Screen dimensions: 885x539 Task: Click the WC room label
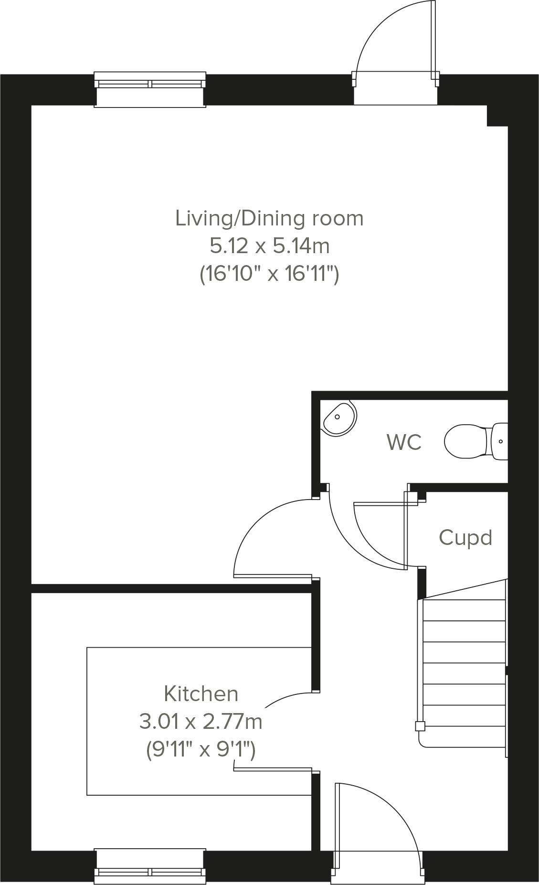[x=404, y=442]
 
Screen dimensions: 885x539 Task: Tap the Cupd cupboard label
[x=465, y=538]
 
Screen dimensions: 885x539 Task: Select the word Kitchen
[x=201, y=693]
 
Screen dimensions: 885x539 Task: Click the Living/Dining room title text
[x=269, y=218]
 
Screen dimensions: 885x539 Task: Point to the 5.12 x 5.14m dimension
[x=269, y=246]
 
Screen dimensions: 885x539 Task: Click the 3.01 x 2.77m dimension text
[x=201, y=721]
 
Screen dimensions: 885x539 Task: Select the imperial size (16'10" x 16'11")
[x=269, y=275]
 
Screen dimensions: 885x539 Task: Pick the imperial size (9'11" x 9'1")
[x=201, y=750]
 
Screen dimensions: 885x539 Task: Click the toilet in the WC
[x=473, y=441]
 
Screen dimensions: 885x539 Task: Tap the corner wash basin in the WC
[x=339, y=418]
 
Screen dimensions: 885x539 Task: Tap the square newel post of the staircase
[x=420, y=726]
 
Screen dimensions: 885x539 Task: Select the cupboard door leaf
[x=406, y=530]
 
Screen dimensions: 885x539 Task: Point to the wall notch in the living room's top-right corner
[x=497, y=116]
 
